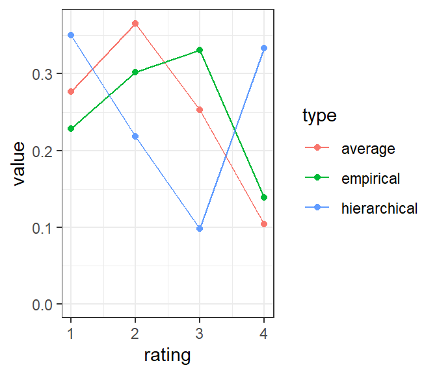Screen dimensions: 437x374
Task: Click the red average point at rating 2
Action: (x=135, y=23)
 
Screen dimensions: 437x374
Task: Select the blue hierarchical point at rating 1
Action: (x=71, y=35)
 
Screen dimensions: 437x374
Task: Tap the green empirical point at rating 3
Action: (x=200, y=50)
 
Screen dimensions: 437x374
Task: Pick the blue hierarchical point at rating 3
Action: (x=200, y=229)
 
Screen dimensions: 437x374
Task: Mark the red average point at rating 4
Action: (x=264, y=224)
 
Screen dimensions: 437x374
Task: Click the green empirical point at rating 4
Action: (x=264, y=197)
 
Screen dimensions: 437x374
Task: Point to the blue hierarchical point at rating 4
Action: (x=264, y=48)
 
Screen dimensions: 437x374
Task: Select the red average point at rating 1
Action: (x=71, y=92)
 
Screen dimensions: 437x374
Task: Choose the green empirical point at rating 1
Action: (x=71, y=129)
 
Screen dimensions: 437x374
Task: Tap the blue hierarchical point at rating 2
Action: (x=135, y=136)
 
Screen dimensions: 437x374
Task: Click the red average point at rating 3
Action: (x=200, y=110)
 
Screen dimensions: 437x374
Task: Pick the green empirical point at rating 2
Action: (x=135, y=72)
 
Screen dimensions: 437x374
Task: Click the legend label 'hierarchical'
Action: (x=379, y=208)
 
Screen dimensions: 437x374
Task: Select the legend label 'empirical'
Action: (x=371, y=179)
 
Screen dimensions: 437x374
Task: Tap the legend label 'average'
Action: (x=368, y=149)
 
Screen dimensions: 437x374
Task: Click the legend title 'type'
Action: (x=319, y=116)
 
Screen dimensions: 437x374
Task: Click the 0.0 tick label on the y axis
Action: (x=42, y=305)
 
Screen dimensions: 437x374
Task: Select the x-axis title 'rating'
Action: (x=167, y=355)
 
